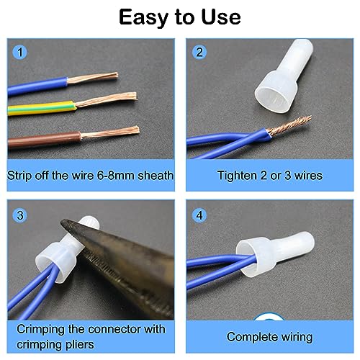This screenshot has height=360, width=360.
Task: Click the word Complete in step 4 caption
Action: (x=248, y=336)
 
